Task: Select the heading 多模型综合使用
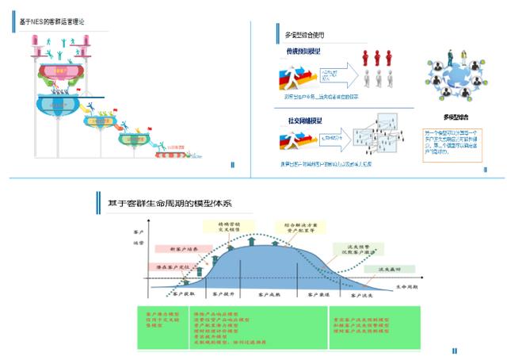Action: click(x=304, y=35)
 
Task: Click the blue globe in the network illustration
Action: click(x=452, y=82)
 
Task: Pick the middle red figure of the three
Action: click(x=377, y=57)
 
